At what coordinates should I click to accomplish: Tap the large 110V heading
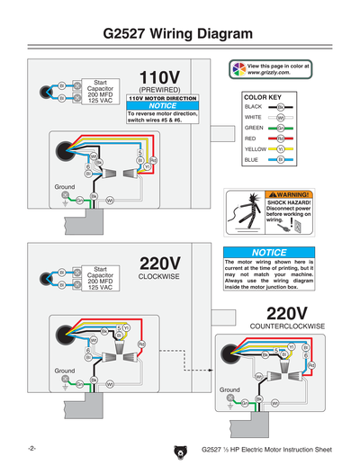tap(161, 76)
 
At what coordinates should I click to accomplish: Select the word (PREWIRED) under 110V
tap(161, 90)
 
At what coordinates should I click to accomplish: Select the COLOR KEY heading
tap(263, 94)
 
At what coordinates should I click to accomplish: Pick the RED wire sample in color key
tap(281, 139)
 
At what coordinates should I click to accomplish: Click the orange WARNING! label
tap(290, 194)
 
